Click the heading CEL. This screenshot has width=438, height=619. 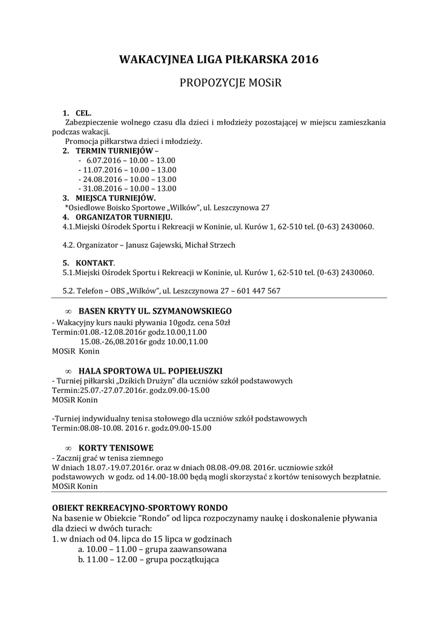pos(83,113)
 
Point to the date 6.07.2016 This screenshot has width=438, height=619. pos(105,160)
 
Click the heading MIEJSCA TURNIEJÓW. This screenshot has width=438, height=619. pos(116,198)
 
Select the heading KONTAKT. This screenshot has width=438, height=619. pos(95,263)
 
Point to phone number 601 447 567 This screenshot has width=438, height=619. pos(260,291)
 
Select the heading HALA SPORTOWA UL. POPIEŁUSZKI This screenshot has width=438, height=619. pos(151,370)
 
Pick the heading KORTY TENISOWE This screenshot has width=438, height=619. pos(116,448)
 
